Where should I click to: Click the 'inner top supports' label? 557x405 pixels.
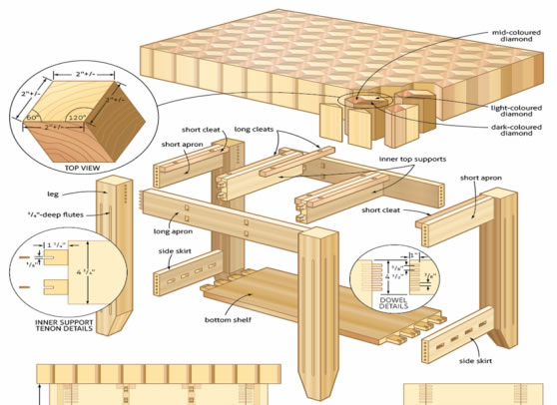tap(411, 159)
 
